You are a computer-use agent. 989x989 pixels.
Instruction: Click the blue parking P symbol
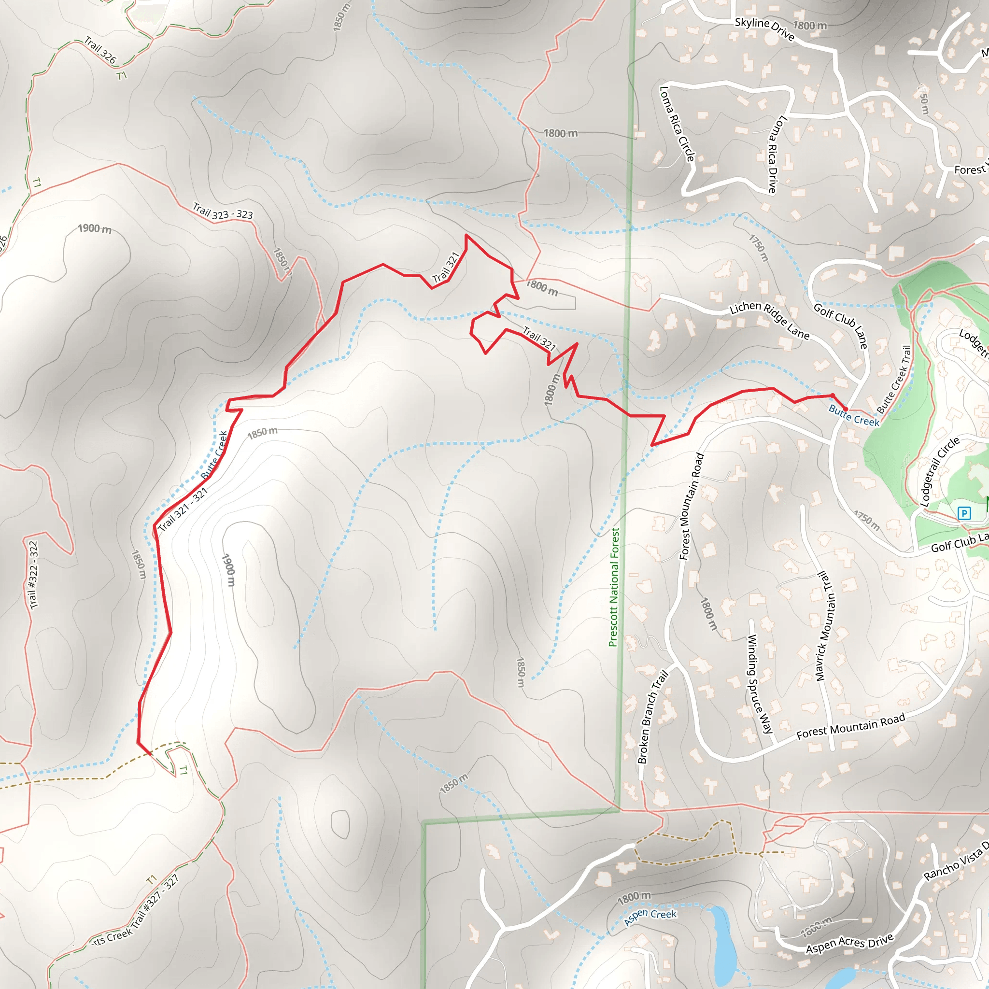pos(964,513)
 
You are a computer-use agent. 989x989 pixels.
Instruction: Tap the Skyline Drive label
pos(764,28)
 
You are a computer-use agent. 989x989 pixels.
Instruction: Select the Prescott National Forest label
pos(614,587)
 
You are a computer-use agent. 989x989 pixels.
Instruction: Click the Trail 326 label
pos(100,50)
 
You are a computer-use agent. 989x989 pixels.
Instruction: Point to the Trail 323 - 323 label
pos(223,212)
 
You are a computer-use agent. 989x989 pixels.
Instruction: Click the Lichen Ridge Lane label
pos(769,320)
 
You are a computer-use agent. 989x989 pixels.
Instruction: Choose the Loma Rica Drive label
pos(777,154)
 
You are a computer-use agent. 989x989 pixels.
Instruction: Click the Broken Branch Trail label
pos(653,717)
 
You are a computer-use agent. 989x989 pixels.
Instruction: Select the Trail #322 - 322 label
pos(34,575)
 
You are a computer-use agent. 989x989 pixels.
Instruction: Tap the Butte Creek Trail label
pos(894,379)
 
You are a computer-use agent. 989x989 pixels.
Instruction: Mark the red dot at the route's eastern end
pos(845,409)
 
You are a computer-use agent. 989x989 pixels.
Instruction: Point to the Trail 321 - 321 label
pos(183,509)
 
